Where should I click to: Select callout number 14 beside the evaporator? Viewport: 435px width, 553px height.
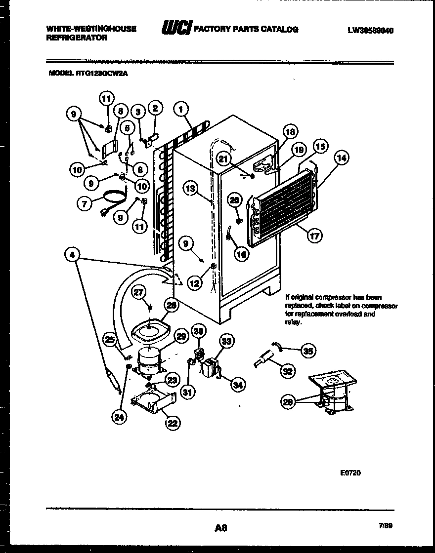(x=341, y=158)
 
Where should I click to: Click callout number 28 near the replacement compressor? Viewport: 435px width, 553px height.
(x=288, y=402)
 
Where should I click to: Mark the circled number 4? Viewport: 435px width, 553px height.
(x=72, y=255)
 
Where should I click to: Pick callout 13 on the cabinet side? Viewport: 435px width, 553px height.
(x=191, y=188)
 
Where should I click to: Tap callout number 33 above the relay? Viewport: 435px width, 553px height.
(x=227, y=341)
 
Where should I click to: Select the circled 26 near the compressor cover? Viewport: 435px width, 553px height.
(x=171, y=306)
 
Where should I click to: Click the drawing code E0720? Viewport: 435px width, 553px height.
(x=350, y=473)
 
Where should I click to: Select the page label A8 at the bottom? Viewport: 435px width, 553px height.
(x=220, y=528)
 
